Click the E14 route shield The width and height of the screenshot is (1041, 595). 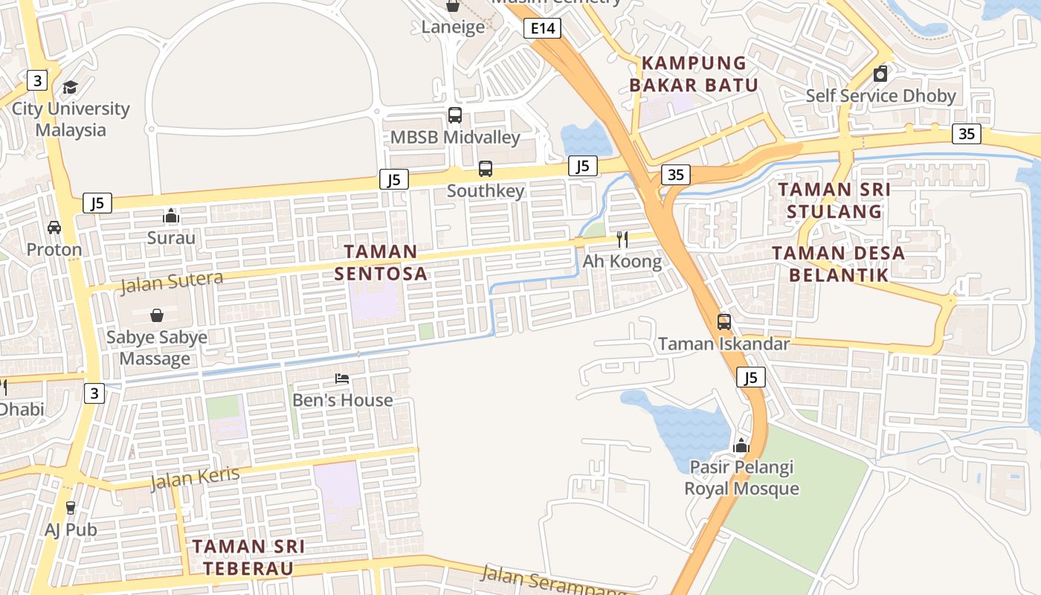pyautogui.click(x=541, y=28)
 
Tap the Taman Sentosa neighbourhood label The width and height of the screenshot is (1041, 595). pyautogui.click(x=381, y=263)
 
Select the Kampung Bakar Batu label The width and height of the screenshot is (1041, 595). pyautogui.click(x=693, y=74)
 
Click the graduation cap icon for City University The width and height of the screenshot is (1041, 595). pyautogui.click(x=71, y=88)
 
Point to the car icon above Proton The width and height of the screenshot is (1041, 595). pyautogui.click(x=54, y=227)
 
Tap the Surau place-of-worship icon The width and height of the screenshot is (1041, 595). pyautogui.click(x=171, y=216)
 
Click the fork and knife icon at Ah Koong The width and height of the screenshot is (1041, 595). pyautogui.click(x=622, y=239)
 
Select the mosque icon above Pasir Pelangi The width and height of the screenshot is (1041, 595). pyautogui.click(x=741, y=446)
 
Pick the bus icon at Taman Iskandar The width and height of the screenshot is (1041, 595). pyautogui.click(x=723, y=322)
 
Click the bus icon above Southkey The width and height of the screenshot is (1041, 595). pyautogui.click(x=486, y=169)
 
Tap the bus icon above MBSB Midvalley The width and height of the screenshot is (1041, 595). pyautogui.click(x=455, y=115)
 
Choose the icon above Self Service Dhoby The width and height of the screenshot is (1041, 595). pyautogui.click(x=880, y=74)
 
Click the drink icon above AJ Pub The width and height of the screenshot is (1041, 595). pyautogui.click(x=71, y=508)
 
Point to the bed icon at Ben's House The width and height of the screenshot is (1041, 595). pyautogui.click(x=342, y=379)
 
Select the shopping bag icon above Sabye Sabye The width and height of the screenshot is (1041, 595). pyautogui.click(x=157, y=315)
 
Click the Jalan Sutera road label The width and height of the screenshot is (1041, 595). pyautogui.click(x=171, y=282)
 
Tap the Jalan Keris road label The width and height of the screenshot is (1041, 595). pyautogui.click(x=195, y=478)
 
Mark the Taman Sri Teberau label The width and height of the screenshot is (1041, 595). pyautogui.click(x=248, y=557)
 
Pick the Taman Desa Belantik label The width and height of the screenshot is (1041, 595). pyautogui.click(x=838, y=263)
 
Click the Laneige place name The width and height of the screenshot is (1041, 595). pyautogui.click(x=453, y=28)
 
